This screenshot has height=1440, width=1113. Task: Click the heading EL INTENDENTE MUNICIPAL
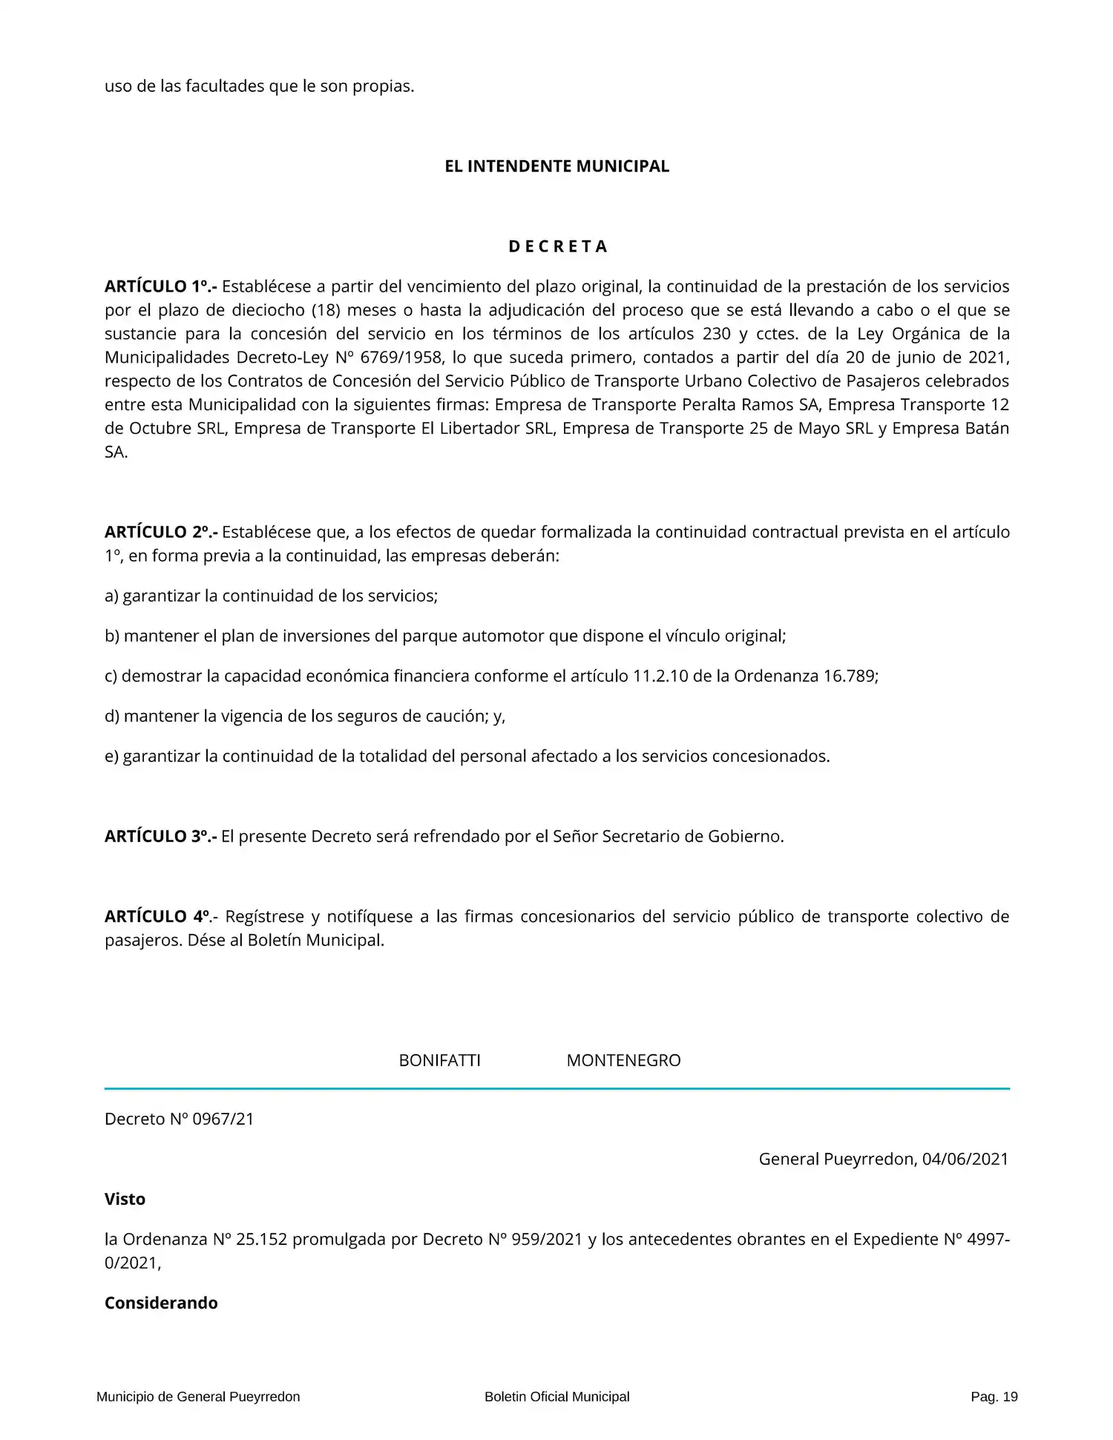pos(556,166)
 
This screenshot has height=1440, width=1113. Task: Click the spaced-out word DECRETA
pos(557,246)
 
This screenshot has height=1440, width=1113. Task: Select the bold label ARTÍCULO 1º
pos(160,286)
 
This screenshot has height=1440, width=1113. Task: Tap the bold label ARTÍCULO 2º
pos(160,532)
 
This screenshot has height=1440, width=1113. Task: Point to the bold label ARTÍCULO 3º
pos(160,836)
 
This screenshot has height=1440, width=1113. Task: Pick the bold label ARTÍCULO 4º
pos(159,916)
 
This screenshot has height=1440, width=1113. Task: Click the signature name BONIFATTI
pos(439,1060)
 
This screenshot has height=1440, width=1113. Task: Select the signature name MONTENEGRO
pos(623,1060)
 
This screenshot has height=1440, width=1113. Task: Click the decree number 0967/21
pos(223,1119)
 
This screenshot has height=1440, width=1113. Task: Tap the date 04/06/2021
pos(965,1159)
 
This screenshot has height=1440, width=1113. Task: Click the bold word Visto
pos(125,1199)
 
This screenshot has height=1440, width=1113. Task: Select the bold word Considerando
pos(161,1303)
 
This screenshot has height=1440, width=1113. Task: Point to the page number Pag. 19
pos(994,1397)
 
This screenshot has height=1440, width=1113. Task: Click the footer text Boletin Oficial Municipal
pos(556,1397)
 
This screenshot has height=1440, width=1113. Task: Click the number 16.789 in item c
pos(850,676)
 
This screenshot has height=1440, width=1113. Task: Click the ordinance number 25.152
pos(261,1239)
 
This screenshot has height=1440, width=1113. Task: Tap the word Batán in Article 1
pos(986,429)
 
